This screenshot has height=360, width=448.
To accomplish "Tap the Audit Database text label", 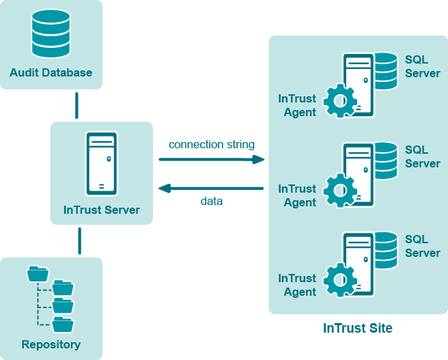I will pos(51,72).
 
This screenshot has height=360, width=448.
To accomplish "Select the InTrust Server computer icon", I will pos(101,164).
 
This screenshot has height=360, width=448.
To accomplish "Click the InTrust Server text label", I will pos(101,210).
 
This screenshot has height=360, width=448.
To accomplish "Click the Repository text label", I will pos(51,344).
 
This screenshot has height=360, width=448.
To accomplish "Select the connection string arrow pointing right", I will pos(212,159).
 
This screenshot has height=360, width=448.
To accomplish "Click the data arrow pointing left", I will pos(212,188).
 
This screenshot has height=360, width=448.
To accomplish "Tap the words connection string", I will pos(212,144).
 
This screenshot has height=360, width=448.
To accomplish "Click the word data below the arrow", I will pos(212,202).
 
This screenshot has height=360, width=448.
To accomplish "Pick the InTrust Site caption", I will pos(358,329).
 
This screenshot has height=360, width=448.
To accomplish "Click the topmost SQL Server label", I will pos(422,66).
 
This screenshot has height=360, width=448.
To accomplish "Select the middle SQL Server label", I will pos(422,156).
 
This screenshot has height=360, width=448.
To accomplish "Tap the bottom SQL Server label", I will pos(422,246).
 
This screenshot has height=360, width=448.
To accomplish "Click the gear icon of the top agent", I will pos(339,101).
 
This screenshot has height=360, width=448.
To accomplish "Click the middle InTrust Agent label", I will pos(298,195).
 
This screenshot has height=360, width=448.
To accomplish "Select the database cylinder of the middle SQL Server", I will pos(385,161).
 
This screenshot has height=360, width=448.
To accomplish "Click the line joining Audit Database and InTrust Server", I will pos(76,105).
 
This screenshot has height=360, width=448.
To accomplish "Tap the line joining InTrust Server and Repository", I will pos(80,240).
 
